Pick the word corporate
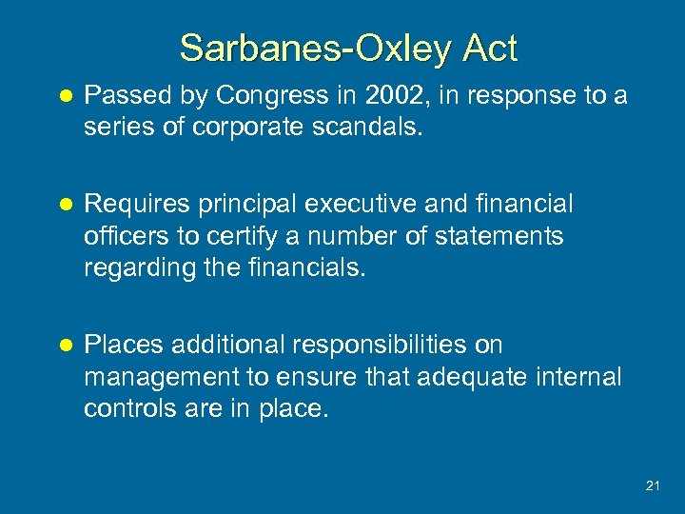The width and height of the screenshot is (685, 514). tap(240, 128)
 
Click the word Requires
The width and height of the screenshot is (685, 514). tap(139, 205)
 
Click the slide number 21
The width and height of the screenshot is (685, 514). tap(652, 486)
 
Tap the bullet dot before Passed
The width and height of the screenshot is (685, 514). tap(65, 97)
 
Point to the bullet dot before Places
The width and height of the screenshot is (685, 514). tap(65, 346)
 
